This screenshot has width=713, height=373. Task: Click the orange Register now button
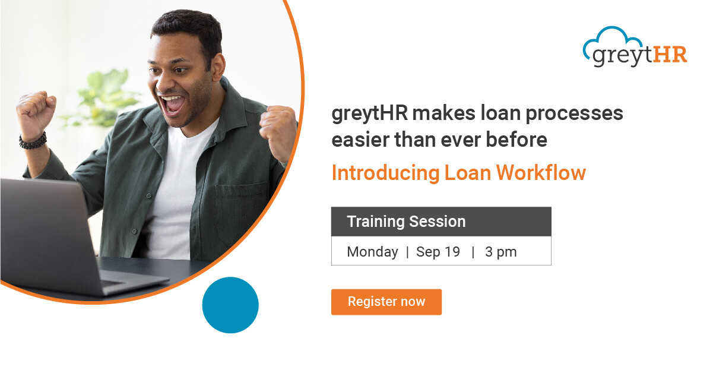[386, 302]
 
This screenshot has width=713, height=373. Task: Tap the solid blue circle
[230, 305]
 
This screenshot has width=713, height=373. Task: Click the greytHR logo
[635, 46]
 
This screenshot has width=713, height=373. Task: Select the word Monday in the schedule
[372, 252]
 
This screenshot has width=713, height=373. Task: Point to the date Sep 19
[438, 252]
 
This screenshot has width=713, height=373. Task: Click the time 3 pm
[500, 252]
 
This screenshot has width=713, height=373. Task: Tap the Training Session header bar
[441, 222]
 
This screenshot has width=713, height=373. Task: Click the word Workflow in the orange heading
[541, 173]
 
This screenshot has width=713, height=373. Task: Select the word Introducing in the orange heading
[385, 173]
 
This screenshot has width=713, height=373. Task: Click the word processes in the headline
[574, 114]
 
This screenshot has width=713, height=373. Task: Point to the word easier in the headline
[360, 140]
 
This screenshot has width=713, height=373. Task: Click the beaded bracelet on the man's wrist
[33, 141]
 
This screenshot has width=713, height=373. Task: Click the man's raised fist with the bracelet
[36, 113]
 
